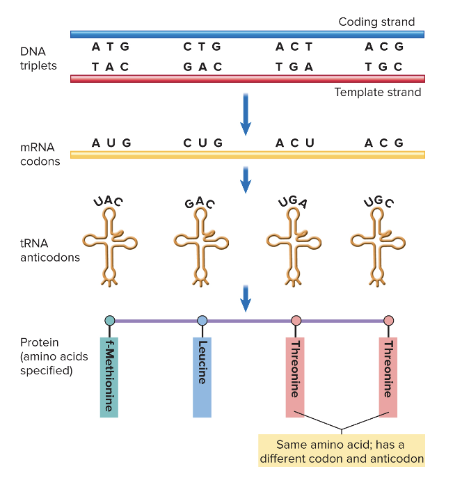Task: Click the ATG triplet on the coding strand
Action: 111,47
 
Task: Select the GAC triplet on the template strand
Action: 202,67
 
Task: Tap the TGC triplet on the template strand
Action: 383,67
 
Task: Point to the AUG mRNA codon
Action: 111,143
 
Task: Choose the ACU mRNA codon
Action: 294,143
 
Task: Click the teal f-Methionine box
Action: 109,377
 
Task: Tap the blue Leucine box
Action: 202,377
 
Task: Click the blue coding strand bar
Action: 247,34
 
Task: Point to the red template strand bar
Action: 247,79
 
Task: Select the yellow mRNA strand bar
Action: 247,154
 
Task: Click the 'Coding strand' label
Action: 376,22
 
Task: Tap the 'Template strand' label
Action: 377,92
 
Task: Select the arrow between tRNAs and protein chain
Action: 246,297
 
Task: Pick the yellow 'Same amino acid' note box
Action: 341,451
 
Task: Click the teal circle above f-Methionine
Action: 109,320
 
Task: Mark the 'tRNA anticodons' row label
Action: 49,250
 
